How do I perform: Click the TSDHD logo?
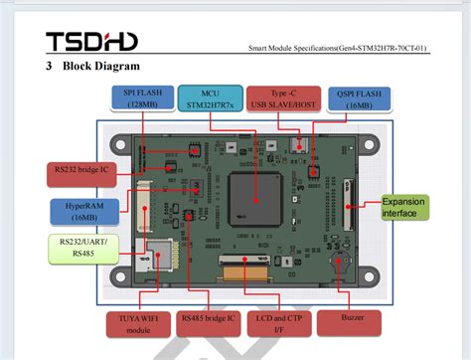point(90,41)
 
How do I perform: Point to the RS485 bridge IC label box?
point(208,324)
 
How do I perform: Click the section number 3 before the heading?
point(49,67)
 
